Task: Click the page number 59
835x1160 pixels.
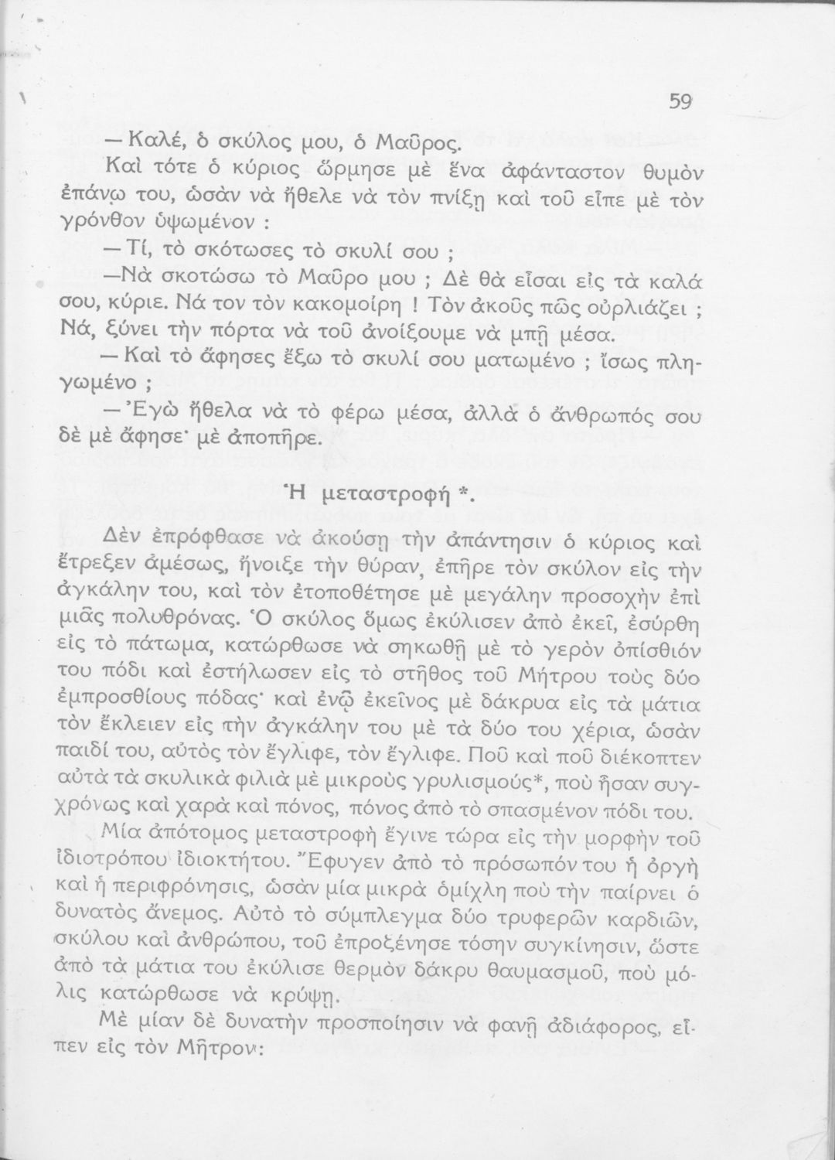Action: [680, 102]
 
